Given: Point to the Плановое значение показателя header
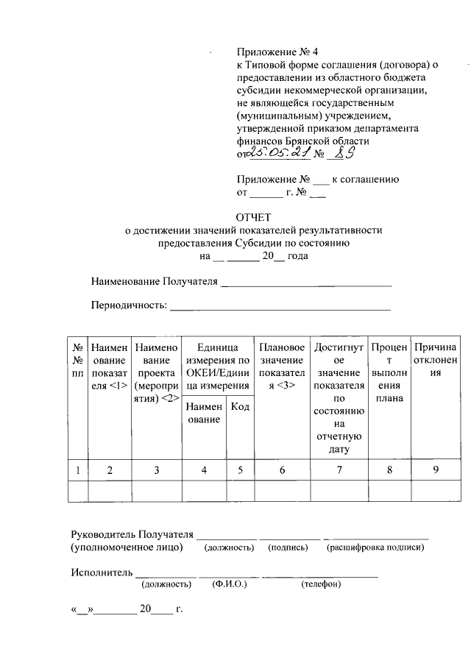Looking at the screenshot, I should pyautogui.click(x=282, y=366).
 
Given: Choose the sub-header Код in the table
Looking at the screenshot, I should pyautogui.click(x=239, y=407).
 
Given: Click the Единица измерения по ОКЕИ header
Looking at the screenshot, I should pyautogui.click(x=217, y=366).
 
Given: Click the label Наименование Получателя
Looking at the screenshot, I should pyautogui.click(x=155, y=282).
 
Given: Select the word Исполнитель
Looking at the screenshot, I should pyautogui.click(x=102, y=572).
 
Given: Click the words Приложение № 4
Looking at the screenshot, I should pyautogui.click(x=268, y=53).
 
